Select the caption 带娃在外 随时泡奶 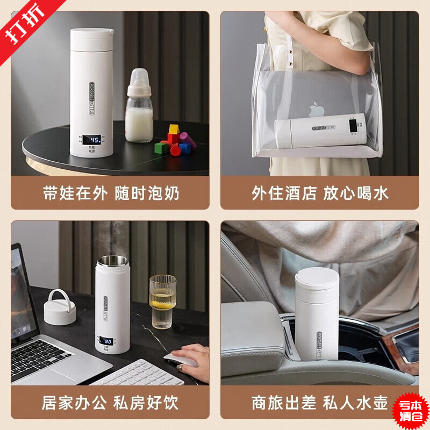[111, 193]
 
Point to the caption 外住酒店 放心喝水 [320, 193]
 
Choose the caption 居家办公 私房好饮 [111, 402]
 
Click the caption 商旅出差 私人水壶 [320, 402]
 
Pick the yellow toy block [173, 130]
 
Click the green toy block [162, 147]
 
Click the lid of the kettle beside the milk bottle [92, 36]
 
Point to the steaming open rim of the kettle [112, 261]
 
